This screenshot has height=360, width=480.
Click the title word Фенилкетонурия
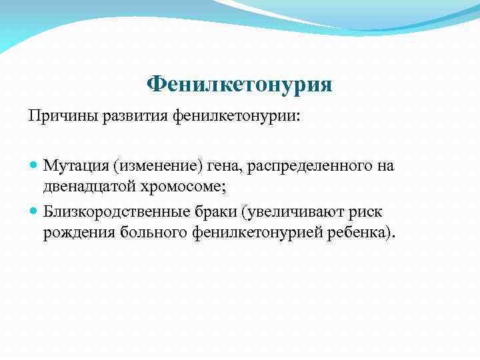[239, 84]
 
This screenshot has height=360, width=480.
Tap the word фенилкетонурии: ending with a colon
[237, 117]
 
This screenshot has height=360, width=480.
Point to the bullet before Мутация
[34, 165]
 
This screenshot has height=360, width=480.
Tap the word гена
[221, 165]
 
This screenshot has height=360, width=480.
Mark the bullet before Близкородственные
[34, 211]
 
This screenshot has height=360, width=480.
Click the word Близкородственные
[115, 211]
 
